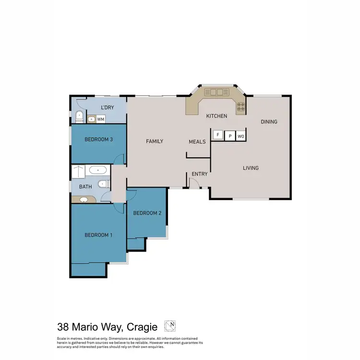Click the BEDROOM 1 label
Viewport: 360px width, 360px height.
click(98, 235)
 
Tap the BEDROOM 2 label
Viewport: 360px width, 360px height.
click(147, 213)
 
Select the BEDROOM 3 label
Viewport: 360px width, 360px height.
click(98, 140)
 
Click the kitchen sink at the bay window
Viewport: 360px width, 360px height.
click(214, 92)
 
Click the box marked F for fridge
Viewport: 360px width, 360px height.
click(217, 136)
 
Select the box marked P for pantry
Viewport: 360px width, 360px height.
click(229, 136)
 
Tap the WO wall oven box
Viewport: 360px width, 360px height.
click(241, 136)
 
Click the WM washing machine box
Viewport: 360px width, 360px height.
click(101, 119)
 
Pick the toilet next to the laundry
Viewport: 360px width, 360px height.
click(79, 116)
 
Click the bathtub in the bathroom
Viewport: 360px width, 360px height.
click(98, 170)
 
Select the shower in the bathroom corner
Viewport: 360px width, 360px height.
click(78, 171)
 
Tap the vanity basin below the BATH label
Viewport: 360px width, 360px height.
click(84, 200)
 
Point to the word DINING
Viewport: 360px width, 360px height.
click(269, 121)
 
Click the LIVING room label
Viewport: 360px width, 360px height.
click(251, 168)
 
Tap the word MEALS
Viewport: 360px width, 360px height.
click(197, 142)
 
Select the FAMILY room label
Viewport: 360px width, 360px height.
click(155, 141)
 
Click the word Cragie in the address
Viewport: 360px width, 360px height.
click(143, 327)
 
